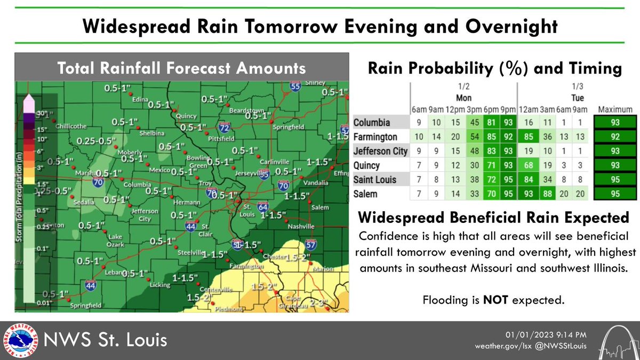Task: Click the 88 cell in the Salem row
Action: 541,193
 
